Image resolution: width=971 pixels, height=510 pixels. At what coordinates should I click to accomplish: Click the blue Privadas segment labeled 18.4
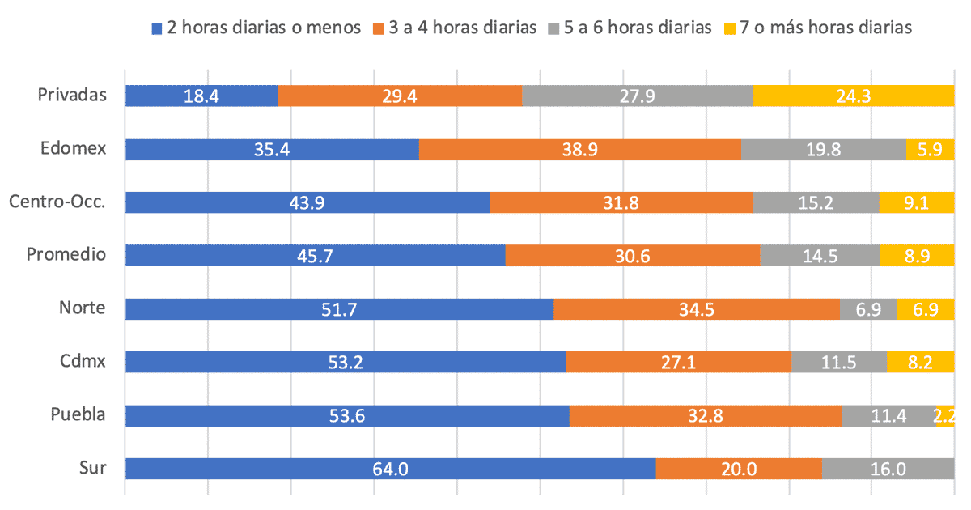[x=201, y=96]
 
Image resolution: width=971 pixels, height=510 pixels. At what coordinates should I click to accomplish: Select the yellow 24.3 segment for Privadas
[x=854, y=96]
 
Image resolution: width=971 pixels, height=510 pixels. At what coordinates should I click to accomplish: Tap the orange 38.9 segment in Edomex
[x=579, y=149]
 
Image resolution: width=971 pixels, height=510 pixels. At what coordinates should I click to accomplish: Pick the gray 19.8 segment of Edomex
[x=823, y=149]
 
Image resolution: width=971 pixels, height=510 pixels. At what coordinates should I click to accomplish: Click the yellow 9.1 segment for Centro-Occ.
[x=916, y=202]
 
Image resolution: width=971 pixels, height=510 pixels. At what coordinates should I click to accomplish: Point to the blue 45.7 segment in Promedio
[x=315, y=255]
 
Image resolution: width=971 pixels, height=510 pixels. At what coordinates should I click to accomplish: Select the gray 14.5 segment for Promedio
[x=820, y=255]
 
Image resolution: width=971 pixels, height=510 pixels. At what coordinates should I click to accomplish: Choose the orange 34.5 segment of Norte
[x=696, y=308]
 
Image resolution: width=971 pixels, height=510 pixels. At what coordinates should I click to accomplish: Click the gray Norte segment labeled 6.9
[x=868, y=308]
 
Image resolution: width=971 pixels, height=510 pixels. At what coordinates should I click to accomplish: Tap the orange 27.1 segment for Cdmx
[x=678, y=362]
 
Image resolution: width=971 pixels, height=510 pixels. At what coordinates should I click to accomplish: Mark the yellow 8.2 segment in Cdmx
[x=920, y=362]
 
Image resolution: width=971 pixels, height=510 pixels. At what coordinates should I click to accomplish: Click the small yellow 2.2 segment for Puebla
[x=945, y=415]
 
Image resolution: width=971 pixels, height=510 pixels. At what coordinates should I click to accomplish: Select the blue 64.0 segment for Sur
[x=390, y=469]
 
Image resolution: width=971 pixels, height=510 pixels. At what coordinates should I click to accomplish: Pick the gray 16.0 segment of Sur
[x=888, y=469]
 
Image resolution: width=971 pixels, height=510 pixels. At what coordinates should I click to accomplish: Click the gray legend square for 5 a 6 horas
[x=554, y=28]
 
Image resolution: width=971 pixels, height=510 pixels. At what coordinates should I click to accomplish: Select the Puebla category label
[x=78, y=415]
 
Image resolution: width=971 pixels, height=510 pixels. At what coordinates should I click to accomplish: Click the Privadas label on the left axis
[x=72, y=96]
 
